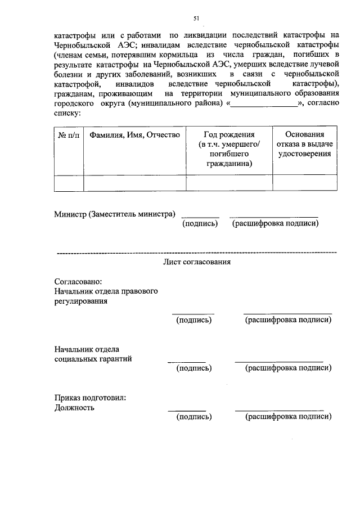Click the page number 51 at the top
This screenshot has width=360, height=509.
pyautogui.click(x=197, y=19)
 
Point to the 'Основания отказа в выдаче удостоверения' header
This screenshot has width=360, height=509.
pyautogui.click(x=304, y=144)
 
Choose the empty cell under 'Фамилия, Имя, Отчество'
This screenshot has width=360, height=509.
pyautogui.click(x=134, y=183)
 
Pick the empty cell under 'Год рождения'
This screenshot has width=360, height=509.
pyautogui.click(x=229, y=183)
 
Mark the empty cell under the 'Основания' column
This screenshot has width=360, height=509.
pyautogui.click(x=304, y=183)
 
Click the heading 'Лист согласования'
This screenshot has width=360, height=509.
pyautogui.click(x=196, y=262)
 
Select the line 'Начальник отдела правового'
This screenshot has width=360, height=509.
pyautogui.click(x=106, y=291)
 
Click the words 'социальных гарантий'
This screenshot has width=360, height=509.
pyautogui.click(x=93, y=359)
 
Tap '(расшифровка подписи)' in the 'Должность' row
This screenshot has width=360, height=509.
pyautogui.click(x=288, y=417)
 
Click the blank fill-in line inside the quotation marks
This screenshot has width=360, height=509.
pyautogui.click(x=264, y=103)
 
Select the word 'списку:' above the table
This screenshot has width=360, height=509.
pyautogui.click(x=67, y=113)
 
